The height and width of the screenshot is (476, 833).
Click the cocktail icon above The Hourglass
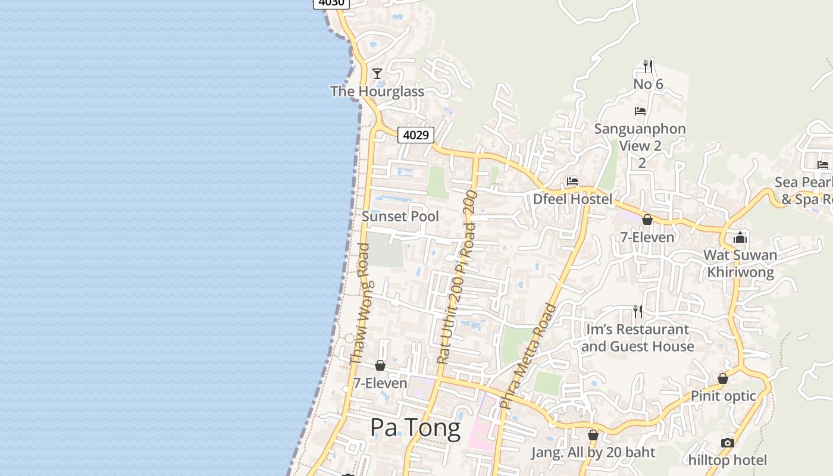click(377, 74)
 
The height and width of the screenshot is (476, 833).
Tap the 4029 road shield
click(415, 135)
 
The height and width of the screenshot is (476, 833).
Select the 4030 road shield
click(331, 3)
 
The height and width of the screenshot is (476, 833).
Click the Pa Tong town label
click(415, 428)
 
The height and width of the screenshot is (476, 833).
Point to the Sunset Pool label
click(400, 217)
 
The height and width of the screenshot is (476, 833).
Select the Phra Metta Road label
click(528, 355)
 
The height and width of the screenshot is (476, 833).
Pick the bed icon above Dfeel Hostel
click(572, 181)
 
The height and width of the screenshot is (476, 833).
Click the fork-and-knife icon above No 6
click(648, 66)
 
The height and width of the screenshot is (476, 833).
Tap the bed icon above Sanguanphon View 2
click(640, 111)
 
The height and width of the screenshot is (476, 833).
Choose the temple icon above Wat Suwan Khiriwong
click(740, 237)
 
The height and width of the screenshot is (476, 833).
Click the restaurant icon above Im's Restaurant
click(638, 311)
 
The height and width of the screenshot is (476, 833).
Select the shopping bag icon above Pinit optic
click(723, 378)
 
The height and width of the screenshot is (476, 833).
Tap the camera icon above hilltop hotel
click(727, 443)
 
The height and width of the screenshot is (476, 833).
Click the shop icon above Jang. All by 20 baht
click(593, 435)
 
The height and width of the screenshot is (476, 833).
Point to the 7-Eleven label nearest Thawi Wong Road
click(380, 383)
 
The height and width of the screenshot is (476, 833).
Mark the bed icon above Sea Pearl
click(823, 164)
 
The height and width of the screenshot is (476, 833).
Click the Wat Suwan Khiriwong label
click(740, 264)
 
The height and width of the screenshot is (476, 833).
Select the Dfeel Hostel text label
click(572, 199)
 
